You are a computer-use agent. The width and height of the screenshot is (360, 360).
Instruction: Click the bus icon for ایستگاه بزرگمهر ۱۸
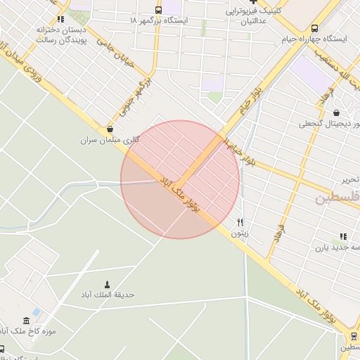(x=157, y=10)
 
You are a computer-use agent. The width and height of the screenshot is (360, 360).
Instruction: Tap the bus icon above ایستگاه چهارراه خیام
(x=314, y=29)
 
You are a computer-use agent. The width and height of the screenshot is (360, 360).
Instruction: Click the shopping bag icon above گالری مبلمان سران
(x=110, y=129)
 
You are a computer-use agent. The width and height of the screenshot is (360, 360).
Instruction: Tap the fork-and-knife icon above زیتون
(x=240, y=222)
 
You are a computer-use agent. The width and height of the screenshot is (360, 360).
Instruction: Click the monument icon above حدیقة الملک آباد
(x=107, y=284)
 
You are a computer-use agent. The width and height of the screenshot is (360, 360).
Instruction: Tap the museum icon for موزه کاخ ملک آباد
(x=26, y=321)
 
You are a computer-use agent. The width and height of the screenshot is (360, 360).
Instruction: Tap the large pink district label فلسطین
(x=337, y=198)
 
